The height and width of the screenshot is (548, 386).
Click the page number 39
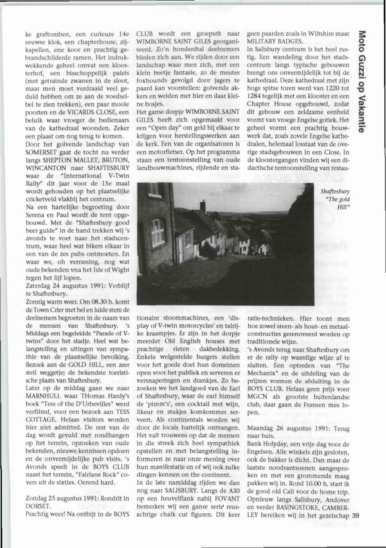click(355, 515)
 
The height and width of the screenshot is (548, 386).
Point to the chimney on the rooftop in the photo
click(203, 206)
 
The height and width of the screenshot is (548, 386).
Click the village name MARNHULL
click(44, 396)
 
